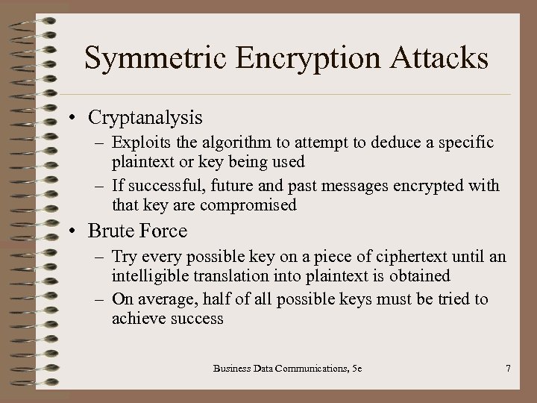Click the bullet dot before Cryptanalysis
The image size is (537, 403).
tap(76, 119)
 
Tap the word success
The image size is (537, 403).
tap(198, 319)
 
